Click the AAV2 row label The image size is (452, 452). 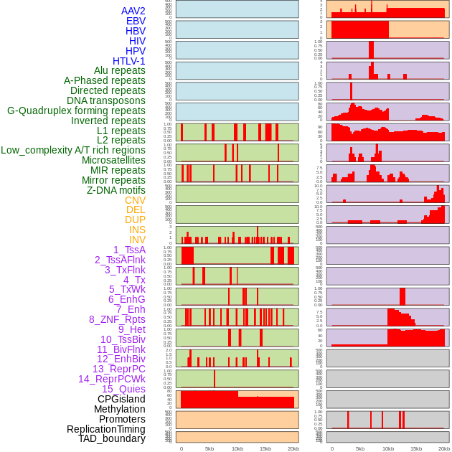133,11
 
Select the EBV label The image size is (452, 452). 136,21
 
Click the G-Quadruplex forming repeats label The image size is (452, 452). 76,110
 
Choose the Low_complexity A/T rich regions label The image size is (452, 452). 73,150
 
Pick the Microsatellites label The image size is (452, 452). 113,160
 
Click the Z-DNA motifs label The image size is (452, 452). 116,190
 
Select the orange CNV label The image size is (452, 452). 135,200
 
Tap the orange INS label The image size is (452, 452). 137,230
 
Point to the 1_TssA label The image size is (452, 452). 129,250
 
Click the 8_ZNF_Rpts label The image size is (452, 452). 117,319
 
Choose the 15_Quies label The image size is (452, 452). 123,389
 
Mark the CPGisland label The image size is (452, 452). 121,399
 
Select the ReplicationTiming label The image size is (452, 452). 106,429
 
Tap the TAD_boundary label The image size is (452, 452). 112,438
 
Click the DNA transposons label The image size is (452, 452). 106,100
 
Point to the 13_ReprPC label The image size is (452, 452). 119,369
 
